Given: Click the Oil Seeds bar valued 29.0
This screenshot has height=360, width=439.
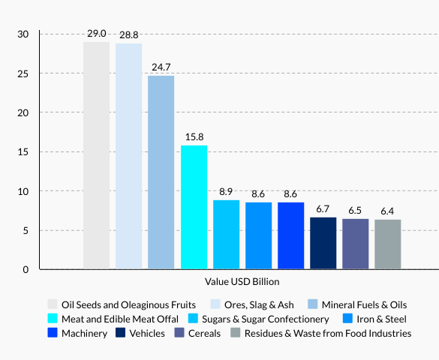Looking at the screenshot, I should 96,155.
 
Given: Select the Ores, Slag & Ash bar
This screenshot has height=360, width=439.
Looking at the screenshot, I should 128,156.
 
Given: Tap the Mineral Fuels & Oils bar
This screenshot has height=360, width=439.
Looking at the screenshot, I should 161,172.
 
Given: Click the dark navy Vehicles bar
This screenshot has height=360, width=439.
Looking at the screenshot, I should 323,242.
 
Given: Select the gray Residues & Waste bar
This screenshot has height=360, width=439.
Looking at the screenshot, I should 387,244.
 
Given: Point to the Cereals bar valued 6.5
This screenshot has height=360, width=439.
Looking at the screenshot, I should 355,243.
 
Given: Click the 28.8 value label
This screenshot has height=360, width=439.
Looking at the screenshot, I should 128,35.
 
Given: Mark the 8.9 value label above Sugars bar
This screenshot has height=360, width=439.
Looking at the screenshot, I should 226,191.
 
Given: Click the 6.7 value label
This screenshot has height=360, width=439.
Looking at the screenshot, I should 323,208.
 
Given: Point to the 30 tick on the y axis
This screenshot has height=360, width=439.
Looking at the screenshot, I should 23,34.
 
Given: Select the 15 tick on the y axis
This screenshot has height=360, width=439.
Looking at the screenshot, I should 23,152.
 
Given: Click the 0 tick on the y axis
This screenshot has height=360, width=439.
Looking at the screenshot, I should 26,269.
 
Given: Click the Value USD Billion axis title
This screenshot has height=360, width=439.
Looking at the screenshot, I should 242,282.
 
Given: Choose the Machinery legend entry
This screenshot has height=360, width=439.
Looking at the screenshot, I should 83,333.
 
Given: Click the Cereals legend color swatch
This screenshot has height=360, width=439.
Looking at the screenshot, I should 179,333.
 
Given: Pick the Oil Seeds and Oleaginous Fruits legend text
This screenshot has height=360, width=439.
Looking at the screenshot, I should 129,304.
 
